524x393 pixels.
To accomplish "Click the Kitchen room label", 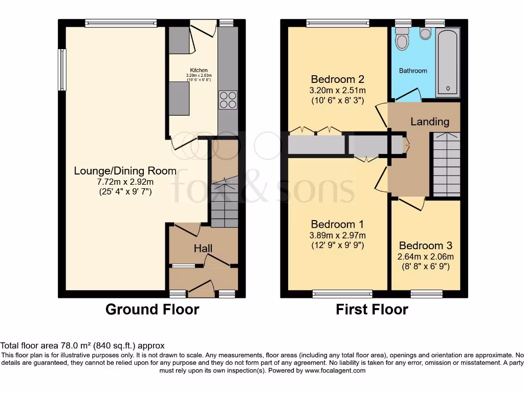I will tap(199, 71).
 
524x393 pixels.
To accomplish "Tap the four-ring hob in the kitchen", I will tap(228, 99).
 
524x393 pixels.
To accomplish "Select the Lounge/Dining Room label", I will tap(125, 171).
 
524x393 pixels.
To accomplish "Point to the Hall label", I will tap(203, 248).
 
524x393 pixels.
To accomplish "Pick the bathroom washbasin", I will tap(425, 33).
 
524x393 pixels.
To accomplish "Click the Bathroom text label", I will tap(413, 71).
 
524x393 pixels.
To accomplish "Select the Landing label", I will tap(430, 122).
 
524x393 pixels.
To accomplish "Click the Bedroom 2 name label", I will tap(337, 79).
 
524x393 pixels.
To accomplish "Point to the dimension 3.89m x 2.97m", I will tap(337, 235).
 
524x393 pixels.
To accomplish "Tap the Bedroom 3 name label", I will tap(426, 246).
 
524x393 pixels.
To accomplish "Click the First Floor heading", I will tap(372, 310).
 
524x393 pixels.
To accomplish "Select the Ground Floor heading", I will tap(152, 310).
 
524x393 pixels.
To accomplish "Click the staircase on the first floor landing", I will tap(447, 164).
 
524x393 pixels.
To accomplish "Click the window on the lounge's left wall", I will tap(62, 70).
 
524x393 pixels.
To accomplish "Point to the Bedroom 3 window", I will tap(426, 294).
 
